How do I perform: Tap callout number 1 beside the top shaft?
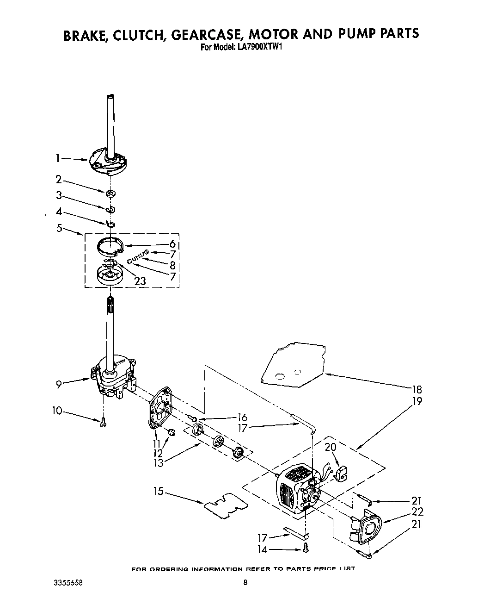click(x=57, y=158)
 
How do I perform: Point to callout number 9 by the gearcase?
click(x=59, y=384)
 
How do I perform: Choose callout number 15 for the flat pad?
click(x=158, y=491)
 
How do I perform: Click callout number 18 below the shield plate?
click(x=417, y=389)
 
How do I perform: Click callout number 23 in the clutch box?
click(x=140, y=281)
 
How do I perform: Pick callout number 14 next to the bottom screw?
click(x=262, y=550)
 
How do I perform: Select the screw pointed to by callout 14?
click(x=306, y=549)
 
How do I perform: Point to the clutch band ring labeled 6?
click(x=111, y=245)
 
